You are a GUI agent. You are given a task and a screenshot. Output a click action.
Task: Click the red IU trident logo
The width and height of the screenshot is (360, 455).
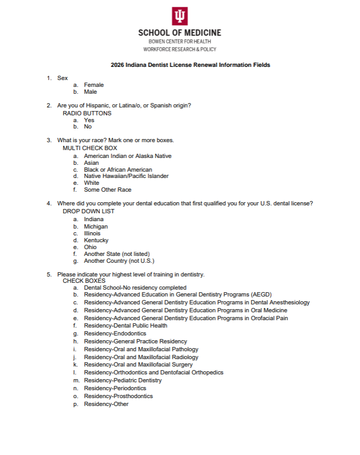(180, 16)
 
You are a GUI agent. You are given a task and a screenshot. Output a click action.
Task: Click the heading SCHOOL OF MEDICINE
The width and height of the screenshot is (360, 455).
(180, 33)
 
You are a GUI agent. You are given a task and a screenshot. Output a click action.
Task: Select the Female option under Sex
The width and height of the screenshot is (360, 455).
(94, 85)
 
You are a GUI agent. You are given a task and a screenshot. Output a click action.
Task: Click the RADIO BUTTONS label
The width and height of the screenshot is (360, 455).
(87, 113)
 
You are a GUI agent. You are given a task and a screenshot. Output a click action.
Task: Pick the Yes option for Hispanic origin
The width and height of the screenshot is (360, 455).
(89, 120)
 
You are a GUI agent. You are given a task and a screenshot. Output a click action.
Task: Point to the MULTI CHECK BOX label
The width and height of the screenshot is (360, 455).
(90, 148)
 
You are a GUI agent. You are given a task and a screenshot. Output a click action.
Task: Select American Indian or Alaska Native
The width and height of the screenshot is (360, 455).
(128, 156)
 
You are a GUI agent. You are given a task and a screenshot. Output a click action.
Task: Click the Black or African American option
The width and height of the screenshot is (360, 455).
(118, 170)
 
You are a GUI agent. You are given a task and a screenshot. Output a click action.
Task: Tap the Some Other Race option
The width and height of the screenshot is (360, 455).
(108, 190)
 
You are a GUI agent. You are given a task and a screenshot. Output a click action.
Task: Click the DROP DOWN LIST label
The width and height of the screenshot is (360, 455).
(89, 211)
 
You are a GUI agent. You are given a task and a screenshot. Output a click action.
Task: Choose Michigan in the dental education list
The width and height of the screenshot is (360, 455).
(96, 226)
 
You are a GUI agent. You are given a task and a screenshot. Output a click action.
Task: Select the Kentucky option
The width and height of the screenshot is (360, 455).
(96, 240)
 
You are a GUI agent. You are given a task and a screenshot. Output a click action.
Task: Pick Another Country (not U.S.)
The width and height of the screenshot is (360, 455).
(119, 261)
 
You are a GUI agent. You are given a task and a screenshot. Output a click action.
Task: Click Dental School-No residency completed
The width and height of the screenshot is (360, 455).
(135, 288)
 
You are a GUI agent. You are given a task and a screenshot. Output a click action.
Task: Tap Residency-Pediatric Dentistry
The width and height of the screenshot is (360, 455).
(123, 380)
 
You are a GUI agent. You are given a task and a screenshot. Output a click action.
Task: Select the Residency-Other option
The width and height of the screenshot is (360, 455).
(106, 404)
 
